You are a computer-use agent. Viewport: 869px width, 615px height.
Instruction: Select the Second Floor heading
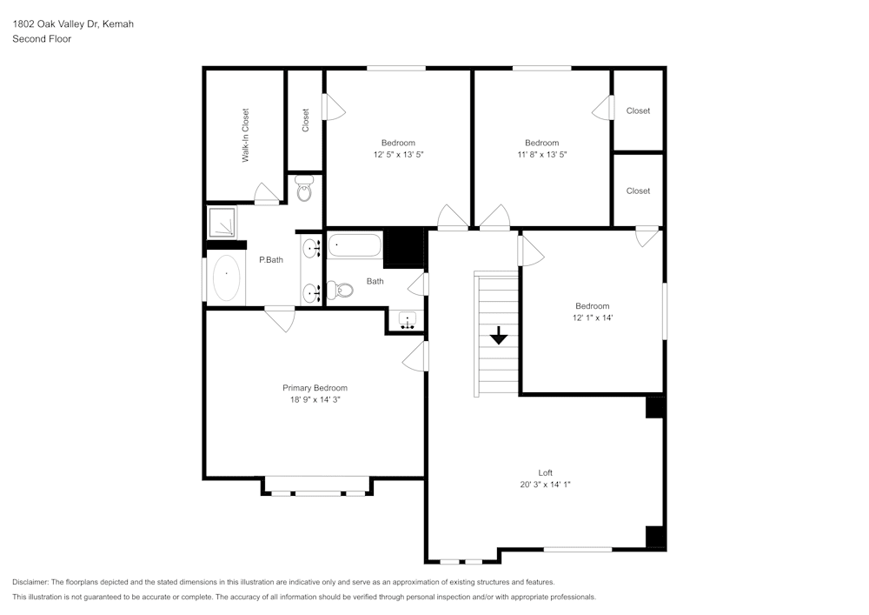pos(42,39)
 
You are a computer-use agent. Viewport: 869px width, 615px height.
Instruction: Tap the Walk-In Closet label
pos(245,135)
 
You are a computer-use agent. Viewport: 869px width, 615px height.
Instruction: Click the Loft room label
pos(545,473)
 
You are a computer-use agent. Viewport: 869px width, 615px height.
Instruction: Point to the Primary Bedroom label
pos(315,388)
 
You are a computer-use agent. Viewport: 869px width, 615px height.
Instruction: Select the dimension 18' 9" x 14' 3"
pos(315,399)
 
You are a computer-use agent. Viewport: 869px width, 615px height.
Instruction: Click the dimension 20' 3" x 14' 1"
pos(545,485)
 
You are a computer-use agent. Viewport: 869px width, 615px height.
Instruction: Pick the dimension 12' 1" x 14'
pos(592,318)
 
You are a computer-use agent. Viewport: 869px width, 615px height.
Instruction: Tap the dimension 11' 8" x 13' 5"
pos(541,154)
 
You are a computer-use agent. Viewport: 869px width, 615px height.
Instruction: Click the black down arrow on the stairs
pos(499,335)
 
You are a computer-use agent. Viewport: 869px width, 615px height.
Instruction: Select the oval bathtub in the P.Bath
pos(226,278)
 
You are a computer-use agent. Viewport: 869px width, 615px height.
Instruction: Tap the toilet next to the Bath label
pos(342,289)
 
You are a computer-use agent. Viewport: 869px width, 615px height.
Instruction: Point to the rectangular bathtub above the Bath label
pos(355,246)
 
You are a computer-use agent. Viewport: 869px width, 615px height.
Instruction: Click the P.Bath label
pos(270,259)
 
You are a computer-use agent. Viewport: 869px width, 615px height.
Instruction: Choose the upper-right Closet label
pos(638,110)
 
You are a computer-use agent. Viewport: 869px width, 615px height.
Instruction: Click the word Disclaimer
pos(31,582)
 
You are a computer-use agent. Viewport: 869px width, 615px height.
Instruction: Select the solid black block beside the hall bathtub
pos(402,248)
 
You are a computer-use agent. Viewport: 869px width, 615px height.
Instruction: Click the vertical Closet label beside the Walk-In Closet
pos(305,120)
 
